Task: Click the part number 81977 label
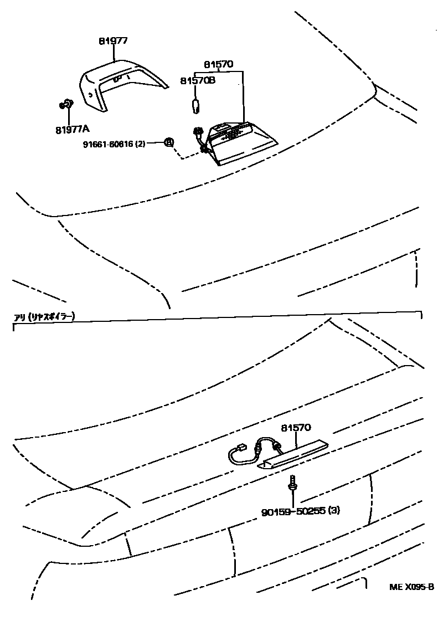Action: pyautogui.click(x=114, y=40)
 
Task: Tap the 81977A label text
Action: pyautogui.click(x=72, y=130)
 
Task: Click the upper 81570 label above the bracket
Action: pyautogui.click(x=218, y=64)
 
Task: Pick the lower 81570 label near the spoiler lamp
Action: pyautogui.click(x=296, y=428)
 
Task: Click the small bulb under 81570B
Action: pyautogui.click(x=195, y=105)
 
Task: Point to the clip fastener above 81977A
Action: pyautogui.click(x=66, y=104)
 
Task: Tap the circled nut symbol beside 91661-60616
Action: pyautogui.click(x=169, y=142)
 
